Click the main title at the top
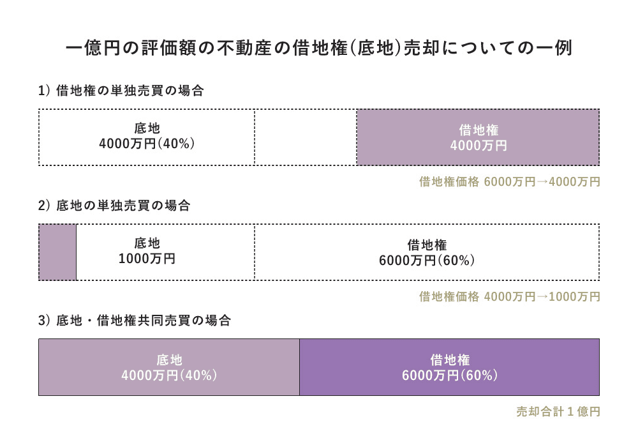319,49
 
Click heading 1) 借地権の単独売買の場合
121,91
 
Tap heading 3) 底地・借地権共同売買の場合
134,321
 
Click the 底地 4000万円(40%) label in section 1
147,137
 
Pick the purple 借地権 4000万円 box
477,137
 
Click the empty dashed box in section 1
305,137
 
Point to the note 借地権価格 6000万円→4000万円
509,182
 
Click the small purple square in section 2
57,252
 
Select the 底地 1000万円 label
147,252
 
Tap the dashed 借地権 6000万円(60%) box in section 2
426,252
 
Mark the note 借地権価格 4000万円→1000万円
509,297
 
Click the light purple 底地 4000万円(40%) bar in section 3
169,367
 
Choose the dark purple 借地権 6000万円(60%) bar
449,367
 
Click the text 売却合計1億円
558,412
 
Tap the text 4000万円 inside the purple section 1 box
478,146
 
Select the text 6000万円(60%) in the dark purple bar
449,375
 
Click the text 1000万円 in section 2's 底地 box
147,260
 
